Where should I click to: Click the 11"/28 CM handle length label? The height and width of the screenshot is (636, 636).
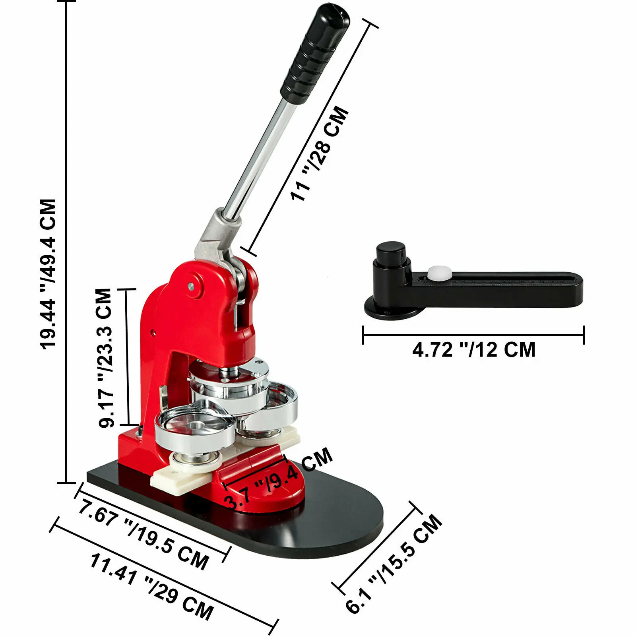point(320,153)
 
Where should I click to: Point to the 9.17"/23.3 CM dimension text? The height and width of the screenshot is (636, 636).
point(105,358)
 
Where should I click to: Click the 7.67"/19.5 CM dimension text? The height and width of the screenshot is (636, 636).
point(143,535)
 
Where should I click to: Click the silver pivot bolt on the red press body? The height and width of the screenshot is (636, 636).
point(192,285)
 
